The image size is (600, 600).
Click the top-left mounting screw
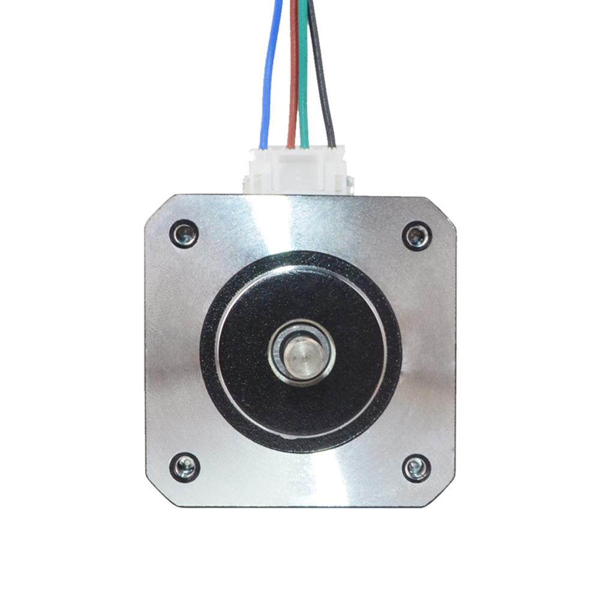pyautogui.click(x=184, y=233)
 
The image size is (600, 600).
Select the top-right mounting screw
pyautogui.click(x=416, y=235)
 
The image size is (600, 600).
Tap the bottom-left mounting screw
pyautogui.click(x=184, y=467)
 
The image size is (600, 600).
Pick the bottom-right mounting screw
pyautogui.click(x=416, y=467)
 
